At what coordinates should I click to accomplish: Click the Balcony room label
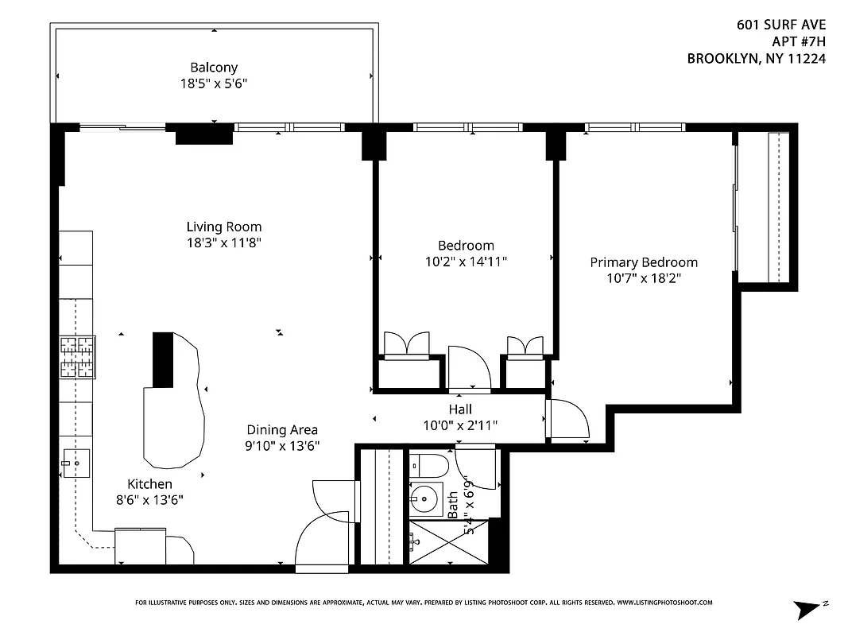pos(213,68)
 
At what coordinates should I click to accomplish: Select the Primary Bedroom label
pos(643,262)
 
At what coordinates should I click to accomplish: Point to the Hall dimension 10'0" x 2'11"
pos(460,425)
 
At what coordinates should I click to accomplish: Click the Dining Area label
pos(281,430)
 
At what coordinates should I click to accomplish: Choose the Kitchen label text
pos(149,483)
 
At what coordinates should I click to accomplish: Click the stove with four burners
pos(77,357)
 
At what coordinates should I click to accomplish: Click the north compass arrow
pos(809,609)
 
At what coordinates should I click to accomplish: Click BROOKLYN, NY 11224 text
pos(755,58)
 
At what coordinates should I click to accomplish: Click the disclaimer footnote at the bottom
pos(424,603)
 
